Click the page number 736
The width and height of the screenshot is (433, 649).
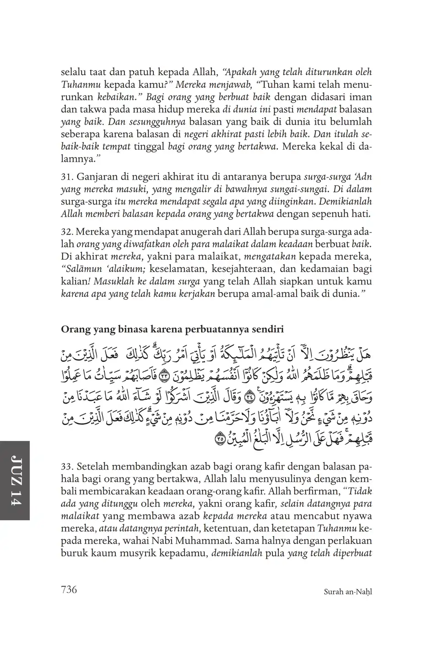[69, 589]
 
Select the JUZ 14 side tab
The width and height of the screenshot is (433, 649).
[15, 480]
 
